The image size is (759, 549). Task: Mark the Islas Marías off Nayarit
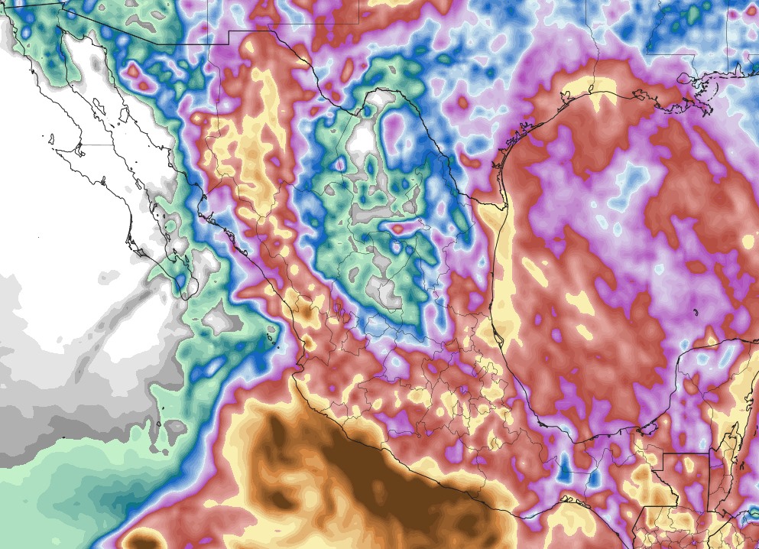268,330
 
